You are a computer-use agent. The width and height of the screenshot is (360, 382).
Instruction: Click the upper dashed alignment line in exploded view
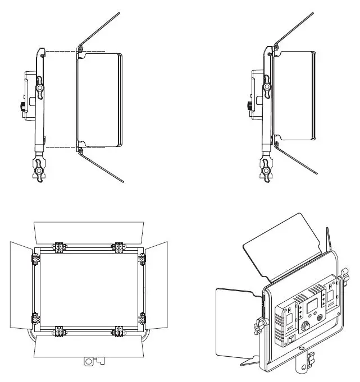(62, 52)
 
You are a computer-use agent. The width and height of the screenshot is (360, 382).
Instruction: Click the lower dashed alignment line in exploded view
(62, 147)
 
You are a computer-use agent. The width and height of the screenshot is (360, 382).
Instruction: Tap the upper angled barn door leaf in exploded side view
(101, 28)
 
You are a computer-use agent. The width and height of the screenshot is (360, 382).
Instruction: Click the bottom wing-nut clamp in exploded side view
(40, 169)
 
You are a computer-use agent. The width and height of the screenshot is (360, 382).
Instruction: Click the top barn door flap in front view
(89, 231)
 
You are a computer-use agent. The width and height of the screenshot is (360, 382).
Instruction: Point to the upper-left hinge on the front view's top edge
(59, 246)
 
